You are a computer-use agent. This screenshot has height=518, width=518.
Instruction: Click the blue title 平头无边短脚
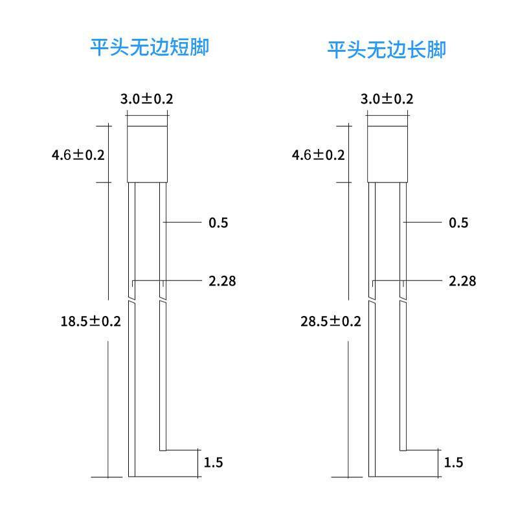pyautogui.click(x=150, y=47)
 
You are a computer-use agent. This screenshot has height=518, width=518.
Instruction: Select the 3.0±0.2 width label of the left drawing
pyautogui.click(x=147, y=99)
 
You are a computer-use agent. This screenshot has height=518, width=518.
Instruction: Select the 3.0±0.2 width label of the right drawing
pyautogui.click(x=387, y=99)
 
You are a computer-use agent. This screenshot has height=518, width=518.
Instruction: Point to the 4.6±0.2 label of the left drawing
pyautogui.click(x=78, y=155)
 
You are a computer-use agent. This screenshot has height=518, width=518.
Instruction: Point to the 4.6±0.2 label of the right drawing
pyautogui.click(x=319, y=155)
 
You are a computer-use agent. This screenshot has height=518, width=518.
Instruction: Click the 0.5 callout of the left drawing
pyautogui.click(x=218, y=223)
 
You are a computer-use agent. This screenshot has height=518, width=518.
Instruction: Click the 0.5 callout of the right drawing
pyautogui.click(x=458, y=223)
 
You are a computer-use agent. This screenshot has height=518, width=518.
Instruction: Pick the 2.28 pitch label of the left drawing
pyautogui.click(x=221, y=281)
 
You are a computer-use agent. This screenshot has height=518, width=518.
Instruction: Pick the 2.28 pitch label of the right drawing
pyautogui.click(x=462, y=281)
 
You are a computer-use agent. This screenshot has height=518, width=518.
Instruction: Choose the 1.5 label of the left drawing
pyautogui.click(x=214, y=462)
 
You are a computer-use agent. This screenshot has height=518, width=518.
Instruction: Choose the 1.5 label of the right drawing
pyautogui.click(x=454, y=462)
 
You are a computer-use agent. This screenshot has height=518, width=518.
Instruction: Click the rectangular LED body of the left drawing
pyautogui.click(x=147, y=153)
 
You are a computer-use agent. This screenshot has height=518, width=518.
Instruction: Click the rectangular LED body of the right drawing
pyautogui.click(x=387, y=153)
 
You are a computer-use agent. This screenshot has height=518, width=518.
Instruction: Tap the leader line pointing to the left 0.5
pyautogui.click(x=185, y=222)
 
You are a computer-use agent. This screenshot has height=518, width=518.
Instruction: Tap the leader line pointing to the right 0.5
pyautogui.click(x=424, y=222)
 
